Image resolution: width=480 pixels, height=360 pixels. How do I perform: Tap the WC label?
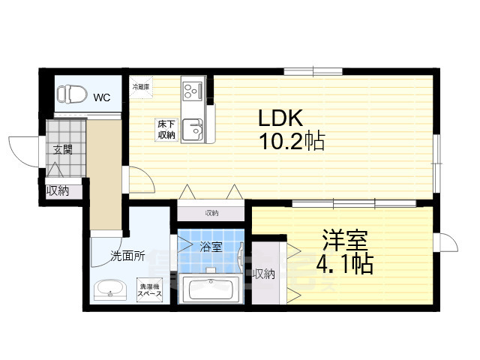[101, 96]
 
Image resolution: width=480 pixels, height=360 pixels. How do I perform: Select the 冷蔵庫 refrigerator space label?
[141, 88]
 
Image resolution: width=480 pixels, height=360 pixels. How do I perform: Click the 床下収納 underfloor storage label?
[166, 130]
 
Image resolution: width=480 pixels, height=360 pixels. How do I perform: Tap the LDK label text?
[280, 118]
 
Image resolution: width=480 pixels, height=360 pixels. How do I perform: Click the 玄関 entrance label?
[63, 149]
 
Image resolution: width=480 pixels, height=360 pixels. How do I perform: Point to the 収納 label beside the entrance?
[58, 190]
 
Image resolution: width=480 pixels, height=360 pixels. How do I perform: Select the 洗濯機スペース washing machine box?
[150, 290]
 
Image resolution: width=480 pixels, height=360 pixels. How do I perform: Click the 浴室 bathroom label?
[211, 245]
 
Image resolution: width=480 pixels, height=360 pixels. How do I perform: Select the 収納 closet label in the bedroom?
[263, 274]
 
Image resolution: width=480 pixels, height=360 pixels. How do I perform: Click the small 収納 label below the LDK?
[211, 212]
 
